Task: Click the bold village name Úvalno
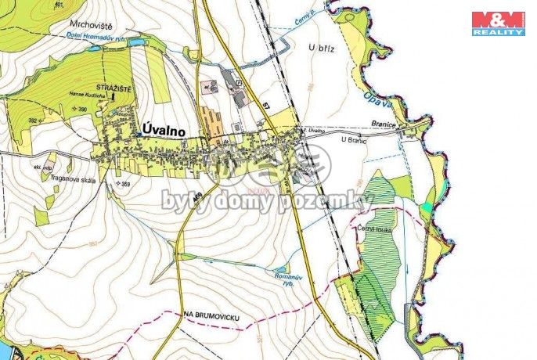pos(164,131)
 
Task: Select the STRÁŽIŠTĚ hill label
pos(114,85)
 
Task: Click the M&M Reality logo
pos(498,23)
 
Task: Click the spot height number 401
pos(59,5)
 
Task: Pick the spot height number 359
pos(123,183)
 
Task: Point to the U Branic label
pos(354,139)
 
